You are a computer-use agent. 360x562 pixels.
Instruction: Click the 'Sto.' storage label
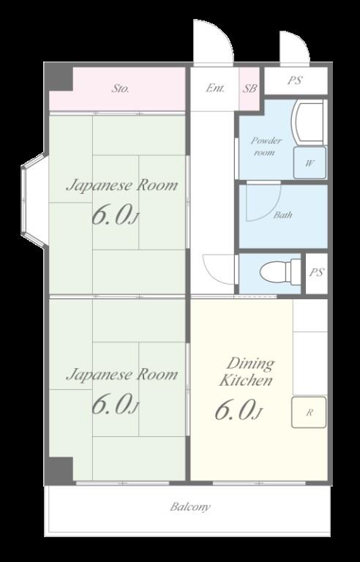click(120, 88)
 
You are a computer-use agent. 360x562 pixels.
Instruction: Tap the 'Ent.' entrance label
click(215, 88)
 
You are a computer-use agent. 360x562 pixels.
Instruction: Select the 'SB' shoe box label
click(250, 88)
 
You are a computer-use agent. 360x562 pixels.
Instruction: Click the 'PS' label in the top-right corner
click(295, 80)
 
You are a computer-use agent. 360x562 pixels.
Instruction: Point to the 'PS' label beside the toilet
click(316, 272)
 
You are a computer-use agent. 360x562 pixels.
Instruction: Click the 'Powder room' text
click(266, 146)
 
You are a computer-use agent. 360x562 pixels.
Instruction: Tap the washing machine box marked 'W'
click(310, 162)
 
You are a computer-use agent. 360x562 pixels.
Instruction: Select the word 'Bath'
click(282, 215)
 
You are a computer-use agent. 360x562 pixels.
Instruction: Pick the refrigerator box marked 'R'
click(309, 412)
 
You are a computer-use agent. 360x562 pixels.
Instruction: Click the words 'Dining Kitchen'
click(247, 372)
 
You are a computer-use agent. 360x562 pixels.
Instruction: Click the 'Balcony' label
click(190, 507)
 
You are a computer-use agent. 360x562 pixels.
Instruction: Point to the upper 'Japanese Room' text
click(122, 186)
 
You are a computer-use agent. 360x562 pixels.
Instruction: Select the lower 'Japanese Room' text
click(122, 375)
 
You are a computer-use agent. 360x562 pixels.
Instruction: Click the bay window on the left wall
click(34, 201)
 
